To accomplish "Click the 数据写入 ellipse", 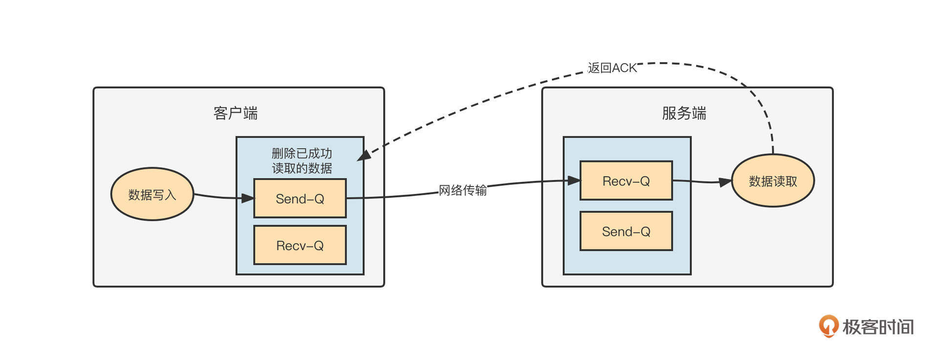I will pyautogui.click(x=152, y=195).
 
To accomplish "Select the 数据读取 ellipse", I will pyautogui.click(x=773, y=181).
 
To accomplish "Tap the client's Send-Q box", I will pyautogui.click(x=300, y=198).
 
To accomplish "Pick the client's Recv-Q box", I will pyautogui.click(x=300, y=245).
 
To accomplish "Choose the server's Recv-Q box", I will pyautogui.click(x=626, y=180).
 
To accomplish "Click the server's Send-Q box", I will pyautogui.click(x=626, y=231).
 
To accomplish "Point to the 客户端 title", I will pyautogui.click(x=235, y=113).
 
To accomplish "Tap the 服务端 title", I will pyautogui.click(x=684, y=113).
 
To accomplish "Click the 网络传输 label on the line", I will pyautogui.click(x=463, y=190).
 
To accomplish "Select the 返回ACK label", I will pyautogui.click(x=612, y=67).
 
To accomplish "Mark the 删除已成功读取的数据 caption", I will pyautogui.click(x=302, y=161).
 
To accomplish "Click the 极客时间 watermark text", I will pyautogui.click(x=878, y=327).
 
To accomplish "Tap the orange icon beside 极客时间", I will pyautogui.click(x=828, y=326).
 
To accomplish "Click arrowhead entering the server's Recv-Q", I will pyautogui.click(x=574, y=180).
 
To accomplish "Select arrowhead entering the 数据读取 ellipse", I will pyautogui.click(x=725, y=182).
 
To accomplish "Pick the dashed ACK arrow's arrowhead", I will pyautogui.click(x=363, y=156).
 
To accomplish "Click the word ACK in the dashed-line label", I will pyautogui.click(x=625, y=67).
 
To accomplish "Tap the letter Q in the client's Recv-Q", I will pyautogui.click(x=318, y=245).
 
